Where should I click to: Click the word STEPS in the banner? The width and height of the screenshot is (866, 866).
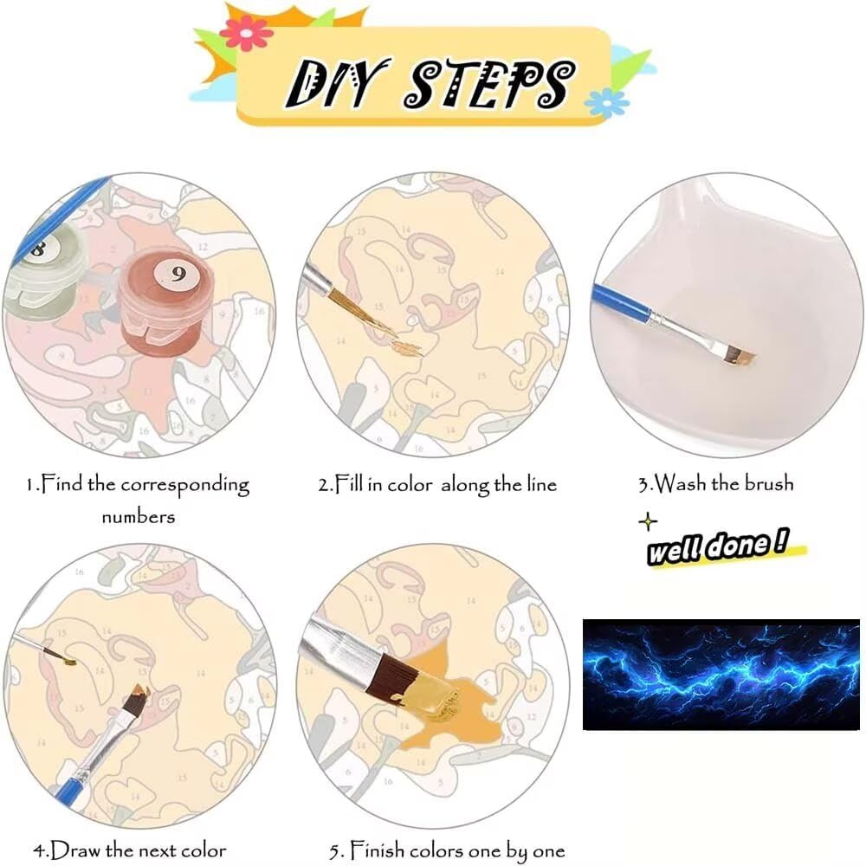(490, 83)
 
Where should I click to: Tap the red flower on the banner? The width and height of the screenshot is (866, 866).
(246, 33)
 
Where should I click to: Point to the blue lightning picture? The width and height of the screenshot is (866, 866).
(721, 675)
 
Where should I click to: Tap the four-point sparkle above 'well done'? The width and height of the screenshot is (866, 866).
(648, 521)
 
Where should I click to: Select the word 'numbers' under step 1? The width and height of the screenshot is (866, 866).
(139, 517)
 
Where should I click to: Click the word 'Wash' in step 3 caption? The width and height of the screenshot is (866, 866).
(680, 483)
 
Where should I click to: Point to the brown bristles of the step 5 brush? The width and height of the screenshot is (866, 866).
(391, 677)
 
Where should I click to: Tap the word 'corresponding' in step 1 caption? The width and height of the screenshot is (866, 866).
(185, 486)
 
